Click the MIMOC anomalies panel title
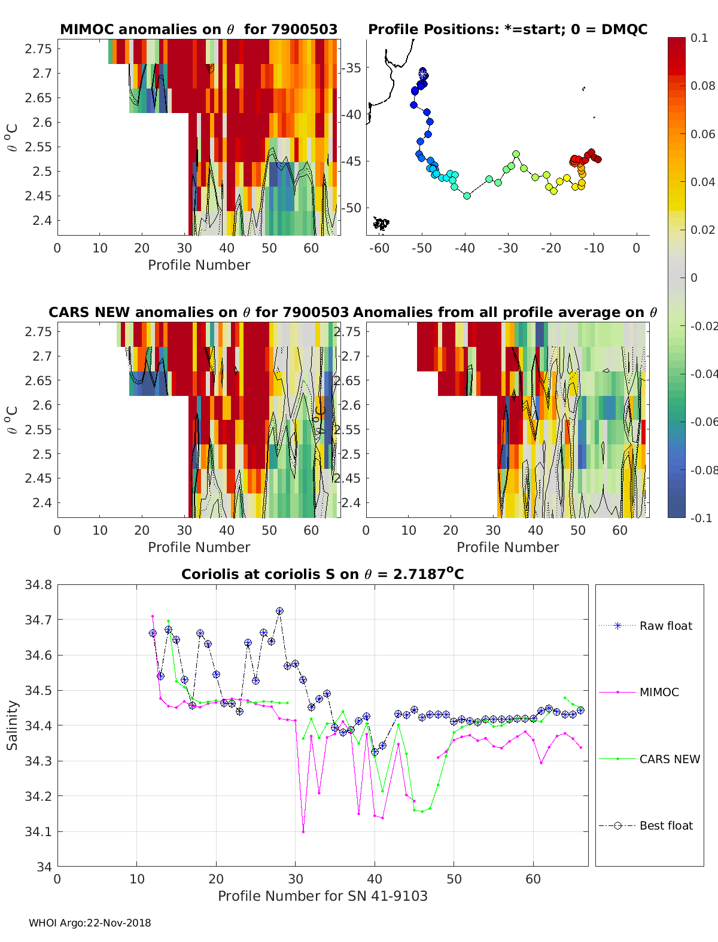click(199, 29)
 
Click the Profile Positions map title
click(507, 29)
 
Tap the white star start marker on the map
click(423, 73)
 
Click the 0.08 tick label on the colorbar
click(702, 86)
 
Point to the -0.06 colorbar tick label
click(702, 422)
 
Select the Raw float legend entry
click(665, 626)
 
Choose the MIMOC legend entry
click(659, 692)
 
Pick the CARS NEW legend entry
click(670, 759)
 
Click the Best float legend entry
click(666, 825)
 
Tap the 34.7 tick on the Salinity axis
click(38, 620)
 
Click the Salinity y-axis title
click(12, 725)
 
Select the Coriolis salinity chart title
click(323, 574)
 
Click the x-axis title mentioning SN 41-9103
click(323, 896)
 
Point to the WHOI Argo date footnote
click(90, 923)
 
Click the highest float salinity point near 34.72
click(279, 611)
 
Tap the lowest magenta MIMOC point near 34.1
click(303, 831)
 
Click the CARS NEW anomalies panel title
click(199, 312)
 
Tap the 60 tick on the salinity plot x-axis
click(533, 879)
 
